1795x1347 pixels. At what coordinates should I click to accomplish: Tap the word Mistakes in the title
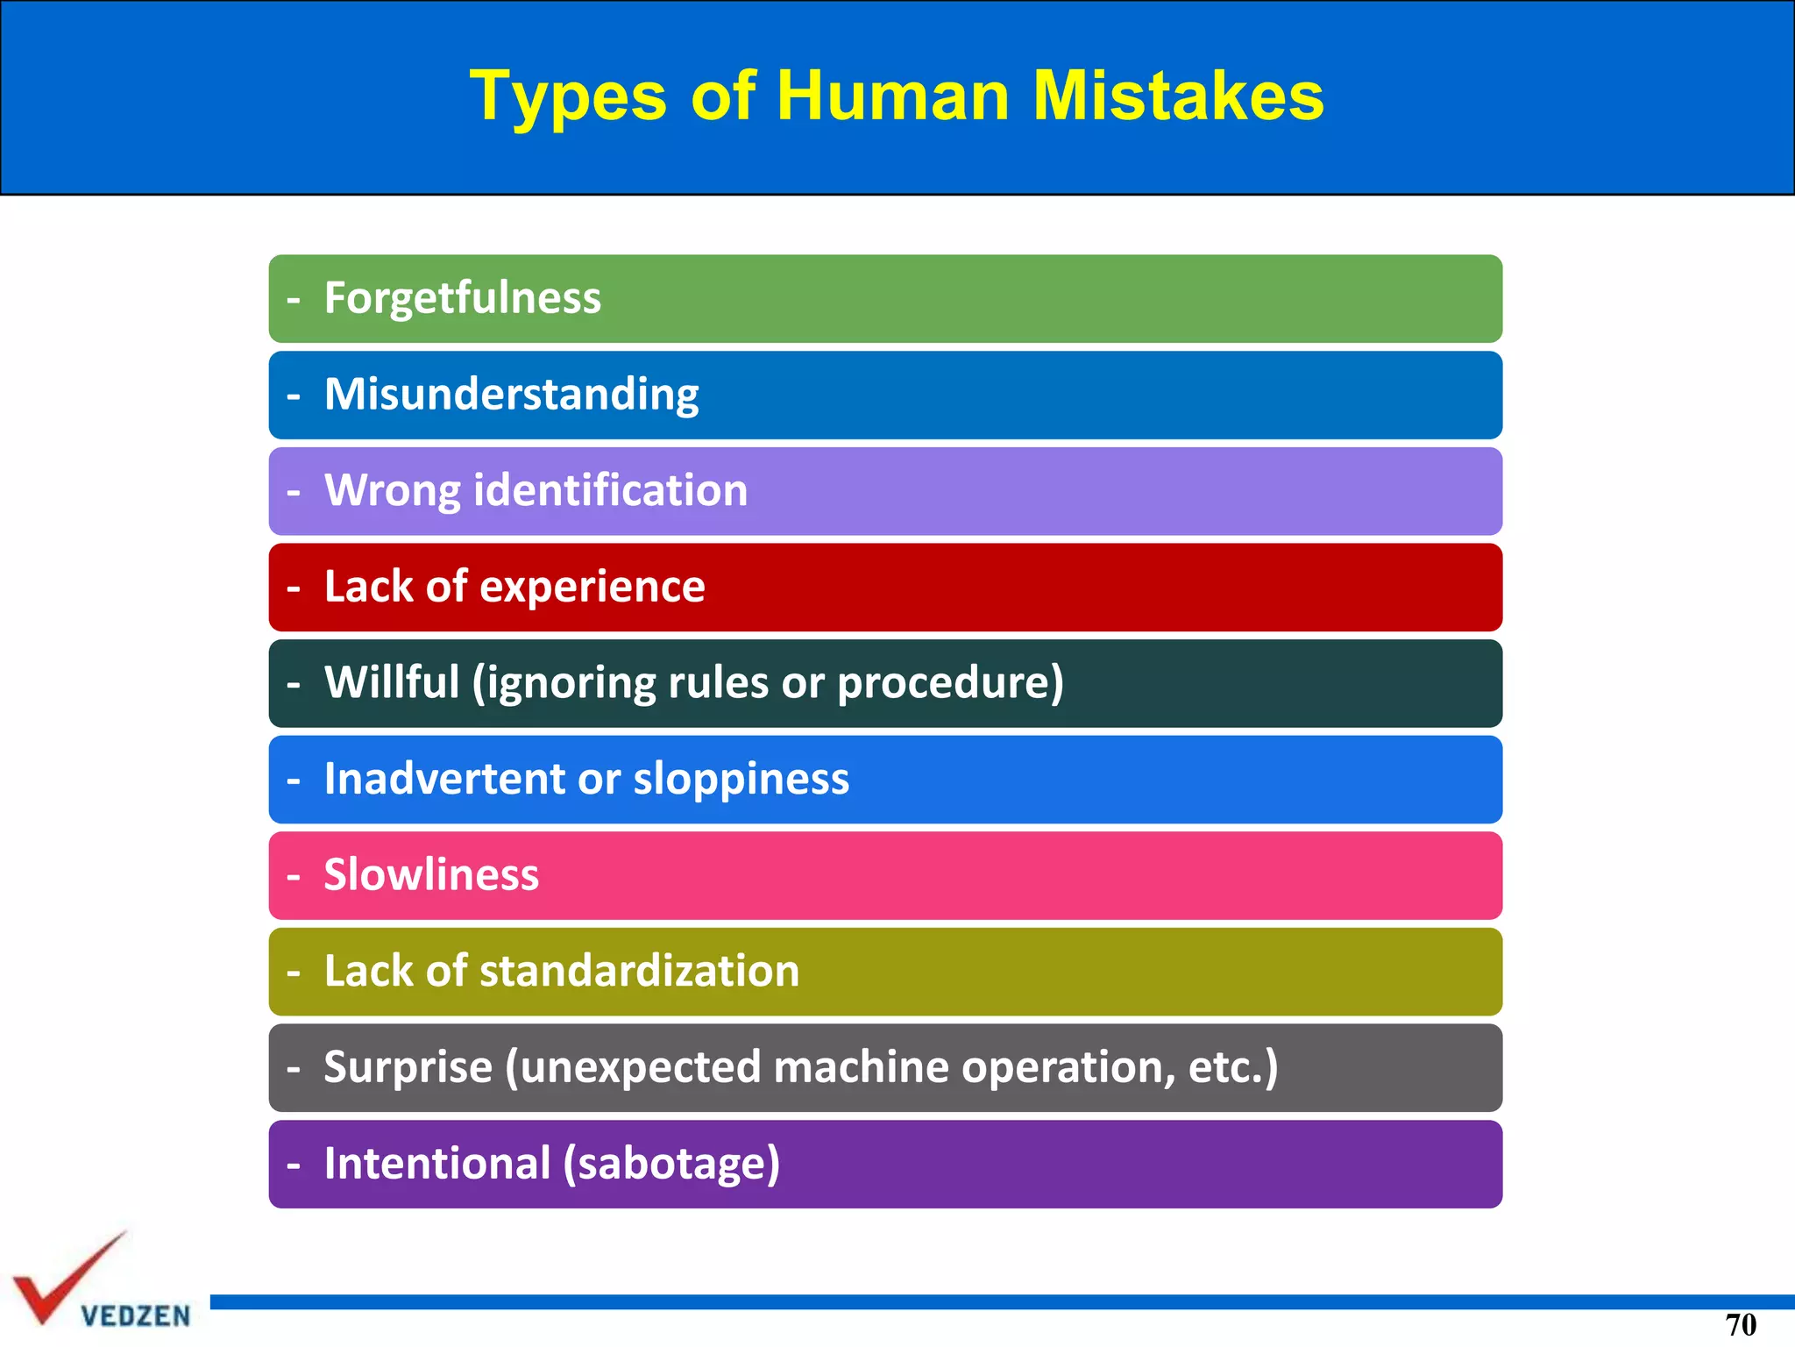[1178, 96]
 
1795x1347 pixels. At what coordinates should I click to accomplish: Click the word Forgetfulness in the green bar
[463, 298]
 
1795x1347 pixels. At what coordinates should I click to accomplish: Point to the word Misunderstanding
[512, 395]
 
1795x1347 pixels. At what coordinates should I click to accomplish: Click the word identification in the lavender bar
[611, 490]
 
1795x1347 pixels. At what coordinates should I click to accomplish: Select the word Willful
[392, 682]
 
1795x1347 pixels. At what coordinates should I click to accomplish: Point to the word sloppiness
[741, 780]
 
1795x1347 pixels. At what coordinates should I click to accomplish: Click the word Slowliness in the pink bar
[431, 875]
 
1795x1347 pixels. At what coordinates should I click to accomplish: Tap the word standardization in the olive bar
[640, 972]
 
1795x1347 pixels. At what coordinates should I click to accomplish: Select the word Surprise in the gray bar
[408, 1068]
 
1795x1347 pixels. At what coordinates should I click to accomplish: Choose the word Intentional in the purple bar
[437, 1164]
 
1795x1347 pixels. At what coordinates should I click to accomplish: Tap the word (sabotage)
[671, 1165]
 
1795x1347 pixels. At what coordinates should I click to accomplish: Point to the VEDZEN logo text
[136, 1316]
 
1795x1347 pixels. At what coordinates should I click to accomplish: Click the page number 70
[1741, 1325]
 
